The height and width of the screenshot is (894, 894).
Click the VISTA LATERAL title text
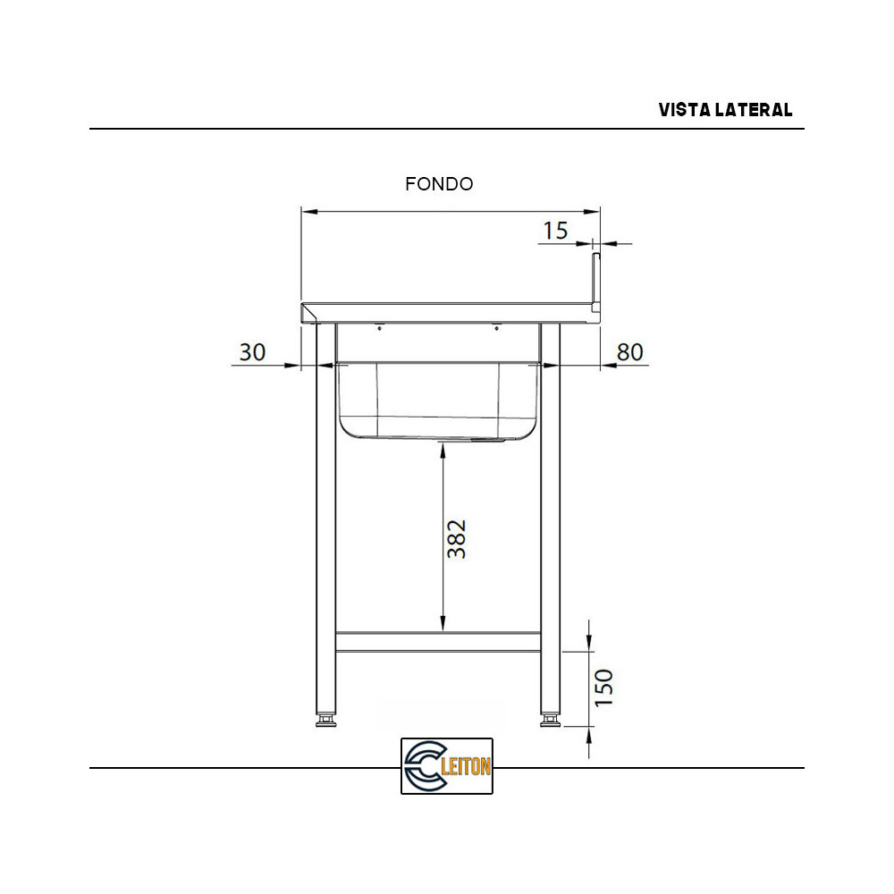(725, 110)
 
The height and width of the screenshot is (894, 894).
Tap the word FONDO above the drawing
(439, 184)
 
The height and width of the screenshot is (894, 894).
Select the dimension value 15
(555, 231)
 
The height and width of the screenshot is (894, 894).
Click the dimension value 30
(253, 352)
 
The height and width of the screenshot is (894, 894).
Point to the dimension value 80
(630, 352)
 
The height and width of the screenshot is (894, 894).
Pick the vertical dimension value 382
(457, 538)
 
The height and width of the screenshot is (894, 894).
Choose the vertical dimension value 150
(604, 687)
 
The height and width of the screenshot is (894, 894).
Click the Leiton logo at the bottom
(447, 766)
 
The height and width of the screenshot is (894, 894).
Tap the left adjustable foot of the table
(326, 720)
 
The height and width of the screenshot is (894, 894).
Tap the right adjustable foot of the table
(551, 720)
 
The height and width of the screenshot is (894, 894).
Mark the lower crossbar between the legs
(438, 642)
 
